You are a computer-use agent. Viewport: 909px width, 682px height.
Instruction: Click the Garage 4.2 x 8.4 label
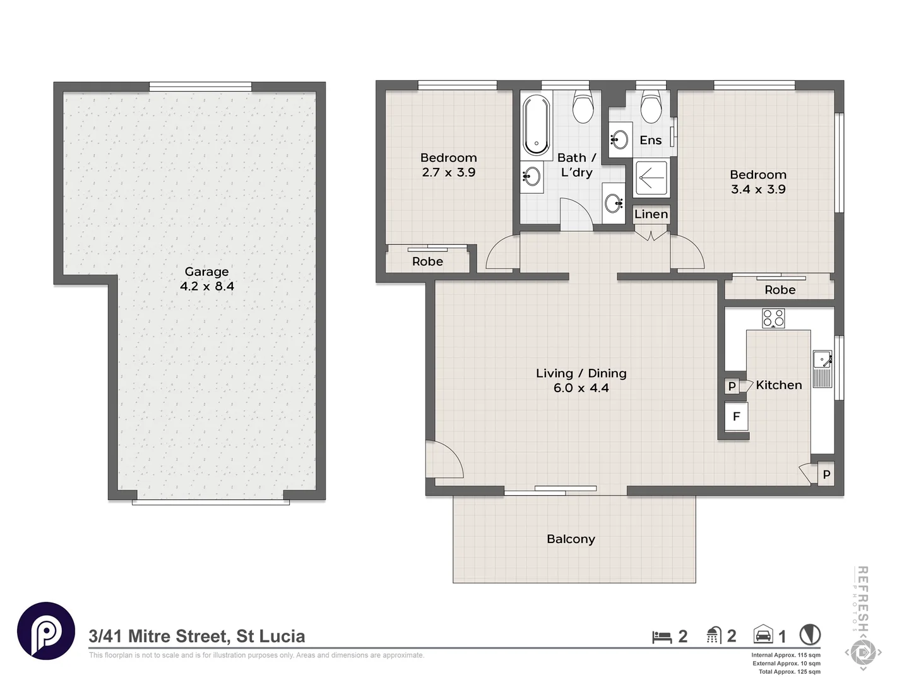(x=206, y=279)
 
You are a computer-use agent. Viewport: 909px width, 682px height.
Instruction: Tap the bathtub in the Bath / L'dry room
(x=536, y=124)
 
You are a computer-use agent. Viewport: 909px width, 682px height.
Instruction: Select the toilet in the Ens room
(x=651, y=107)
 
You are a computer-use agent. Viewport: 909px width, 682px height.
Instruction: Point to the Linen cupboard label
(x=651, y=214)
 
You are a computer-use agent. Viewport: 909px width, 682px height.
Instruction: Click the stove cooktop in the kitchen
(x=773, y=318)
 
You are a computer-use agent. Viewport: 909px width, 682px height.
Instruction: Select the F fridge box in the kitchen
(x=736, y=417)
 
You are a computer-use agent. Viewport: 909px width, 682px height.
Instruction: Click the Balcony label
(x=571, y=539)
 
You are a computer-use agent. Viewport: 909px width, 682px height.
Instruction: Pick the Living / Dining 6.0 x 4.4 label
(x=581, y=381)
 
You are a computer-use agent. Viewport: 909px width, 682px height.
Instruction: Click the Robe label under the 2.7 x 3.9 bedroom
(x=427, y=261)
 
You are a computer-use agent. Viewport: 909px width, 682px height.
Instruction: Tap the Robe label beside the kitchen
(x=780, y=290)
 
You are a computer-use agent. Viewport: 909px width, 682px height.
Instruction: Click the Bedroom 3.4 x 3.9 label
(x=758, y=182)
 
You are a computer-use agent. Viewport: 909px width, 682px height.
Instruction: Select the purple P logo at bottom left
(x=46, y=631)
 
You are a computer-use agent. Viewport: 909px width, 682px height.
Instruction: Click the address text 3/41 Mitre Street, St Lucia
(x=197, y=636)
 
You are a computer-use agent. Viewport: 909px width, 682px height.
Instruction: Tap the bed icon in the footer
(x=662, y=637)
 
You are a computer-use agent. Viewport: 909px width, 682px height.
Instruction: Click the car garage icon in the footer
(x=763, y=635)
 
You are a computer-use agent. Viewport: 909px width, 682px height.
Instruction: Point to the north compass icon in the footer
(x=810, y=635)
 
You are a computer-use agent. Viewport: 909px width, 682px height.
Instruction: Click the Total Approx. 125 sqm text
(x=789, y=672)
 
